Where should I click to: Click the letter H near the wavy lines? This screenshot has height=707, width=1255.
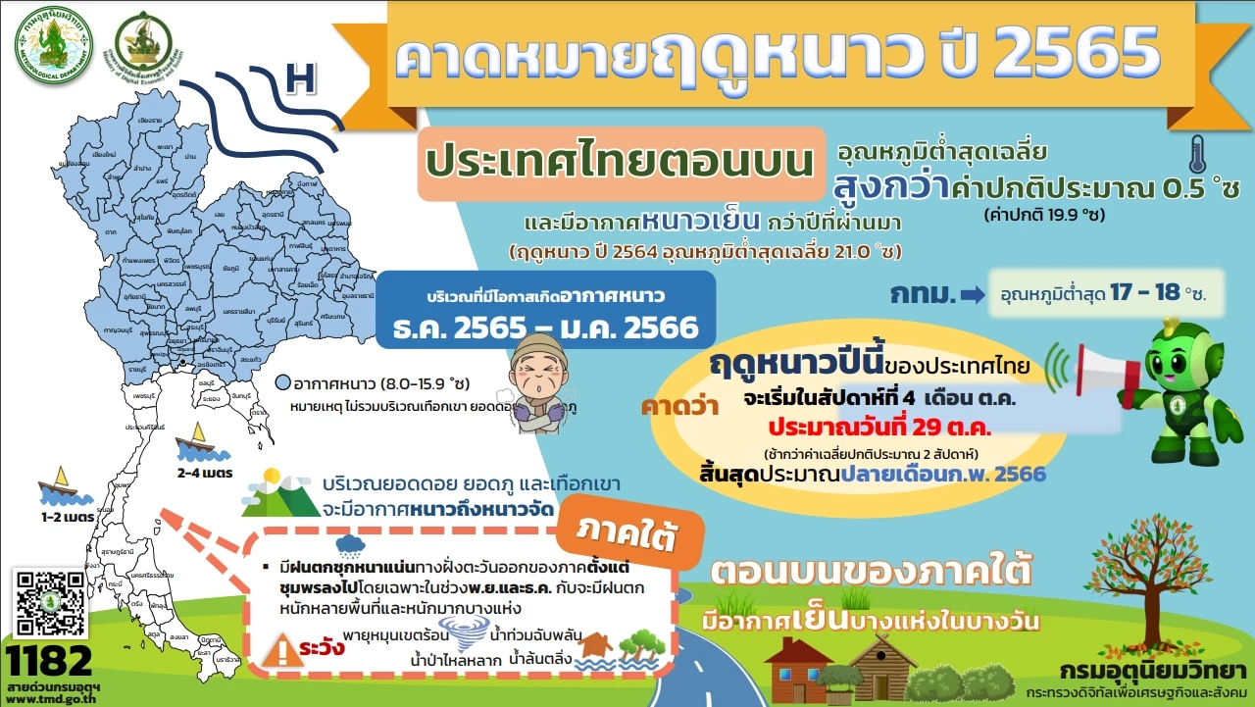pyautogui.click(x=301, y=79)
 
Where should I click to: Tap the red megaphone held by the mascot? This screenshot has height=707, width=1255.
pyautogui.click(x=1104, y=371)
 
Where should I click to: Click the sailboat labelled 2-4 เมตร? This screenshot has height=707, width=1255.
pyautogui.click(x=194, y=442)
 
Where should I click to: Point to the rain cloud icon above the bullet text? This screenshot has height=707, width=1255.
pyautogui.click(x=349, y=545)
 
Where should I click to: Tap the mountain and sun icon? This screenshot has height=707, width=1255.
pyautogui.click(x=278, y=493)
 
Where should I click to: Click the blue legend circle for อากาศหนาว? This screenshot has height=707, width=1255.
pyautogui.click(x=282, y=383)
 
